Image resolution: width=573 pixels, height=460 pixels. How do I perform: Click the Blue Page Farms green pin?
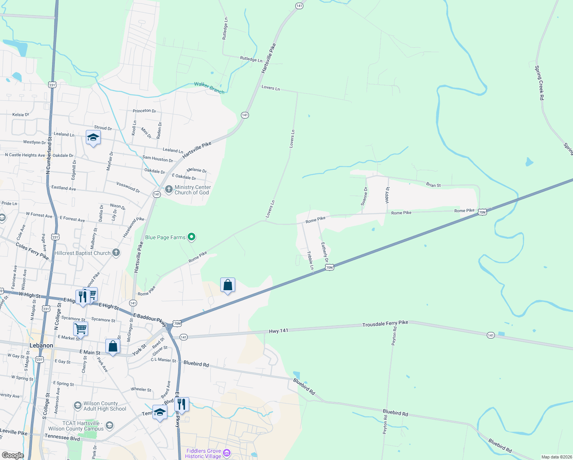192,237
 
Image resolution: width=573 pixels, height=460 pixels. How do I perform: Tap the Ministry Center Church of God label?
193,190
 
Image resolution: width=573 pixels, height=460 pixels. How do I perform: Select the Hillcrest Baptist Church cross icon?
116,253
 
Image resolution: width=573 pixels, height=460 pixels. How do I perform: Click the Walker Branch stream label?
209,87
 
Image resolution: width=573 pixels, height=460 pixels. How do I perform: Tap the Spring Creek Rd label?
539,83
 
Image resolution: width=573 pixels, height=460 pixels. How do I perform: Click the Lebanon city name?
41,345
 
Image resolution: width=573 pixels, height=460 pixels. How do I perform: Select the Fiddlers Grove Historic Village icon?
227,453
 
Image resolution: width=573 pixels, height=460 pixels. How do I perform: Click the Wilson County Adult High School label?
105,406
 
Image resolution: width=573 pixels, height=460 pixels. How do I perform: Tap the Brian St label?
433,185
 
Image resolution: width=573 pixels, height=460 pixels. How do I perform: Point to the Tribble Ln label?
310,261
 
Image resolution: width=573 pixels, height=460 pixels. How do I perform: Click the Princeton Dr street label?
144,111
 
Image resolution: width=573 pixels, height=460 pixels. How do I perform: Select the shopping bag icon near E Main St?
113,347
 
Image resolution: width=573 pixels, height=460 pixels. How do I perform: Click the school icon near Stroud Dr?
93,137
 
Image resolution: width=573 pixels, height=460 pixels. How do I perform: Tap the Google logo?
13,455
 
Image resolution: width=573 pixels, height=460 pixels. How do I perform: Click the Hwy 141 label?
278,331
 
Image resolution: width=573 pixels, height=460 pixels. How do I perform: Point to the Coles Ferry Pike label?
32,251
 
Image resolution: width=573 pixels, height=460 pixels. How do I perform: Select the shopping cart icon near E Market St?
80,329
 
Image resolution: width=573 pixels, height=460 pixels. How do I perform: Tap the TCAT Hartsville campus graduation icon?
110,425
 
